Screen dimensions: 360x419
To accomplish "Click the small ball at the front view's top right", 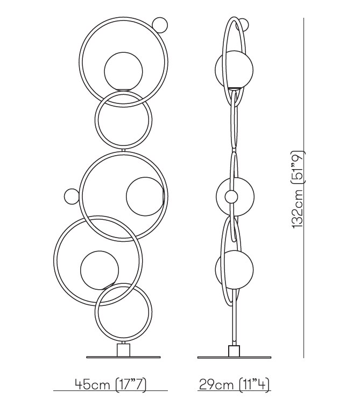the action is point(160,25).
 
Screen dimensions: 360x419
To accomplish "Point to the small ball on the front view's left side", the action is point(72,197).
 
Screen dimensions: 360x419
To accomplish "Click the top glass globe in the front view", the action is point(123,71).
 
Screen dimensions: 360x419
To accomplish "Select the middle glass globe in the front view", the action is point(145,196).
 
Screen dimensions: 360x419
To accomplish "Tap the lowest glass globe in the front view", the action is point(100,270).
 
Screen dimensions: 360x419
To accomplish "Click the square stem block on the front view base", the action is point(123,350).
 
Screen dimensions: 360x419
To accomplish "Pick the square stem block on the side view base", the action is point(234,351).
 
